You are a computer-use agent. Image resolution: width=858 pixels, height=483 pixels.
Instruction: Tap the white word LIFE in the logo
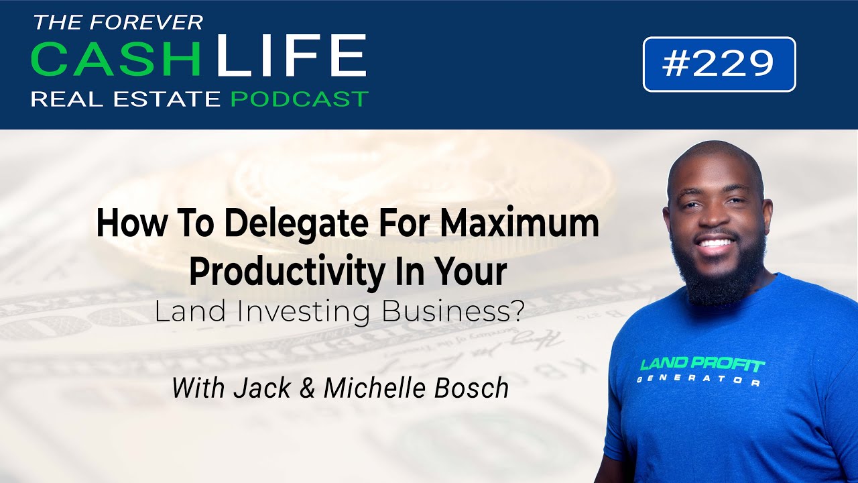click(x=291, y=56)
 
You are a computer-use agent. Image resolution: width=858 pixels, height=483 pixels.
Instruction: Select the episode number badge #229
click(x=719, y=64)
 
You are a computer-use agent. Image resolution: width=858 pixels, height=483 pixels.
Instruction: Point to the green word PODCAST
click(x=299, y=99)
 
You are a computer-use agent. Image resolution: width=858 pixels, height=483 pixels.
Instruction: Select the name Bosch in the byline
click(x=475, y=388)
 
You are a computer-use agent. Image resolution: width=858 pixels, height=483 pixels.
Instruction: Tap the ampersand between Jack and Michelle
click(x=308, y=388)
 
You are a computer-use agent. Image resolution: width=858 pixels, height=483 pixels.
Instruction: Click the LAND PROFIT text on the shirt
click(x=702, y=365)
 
